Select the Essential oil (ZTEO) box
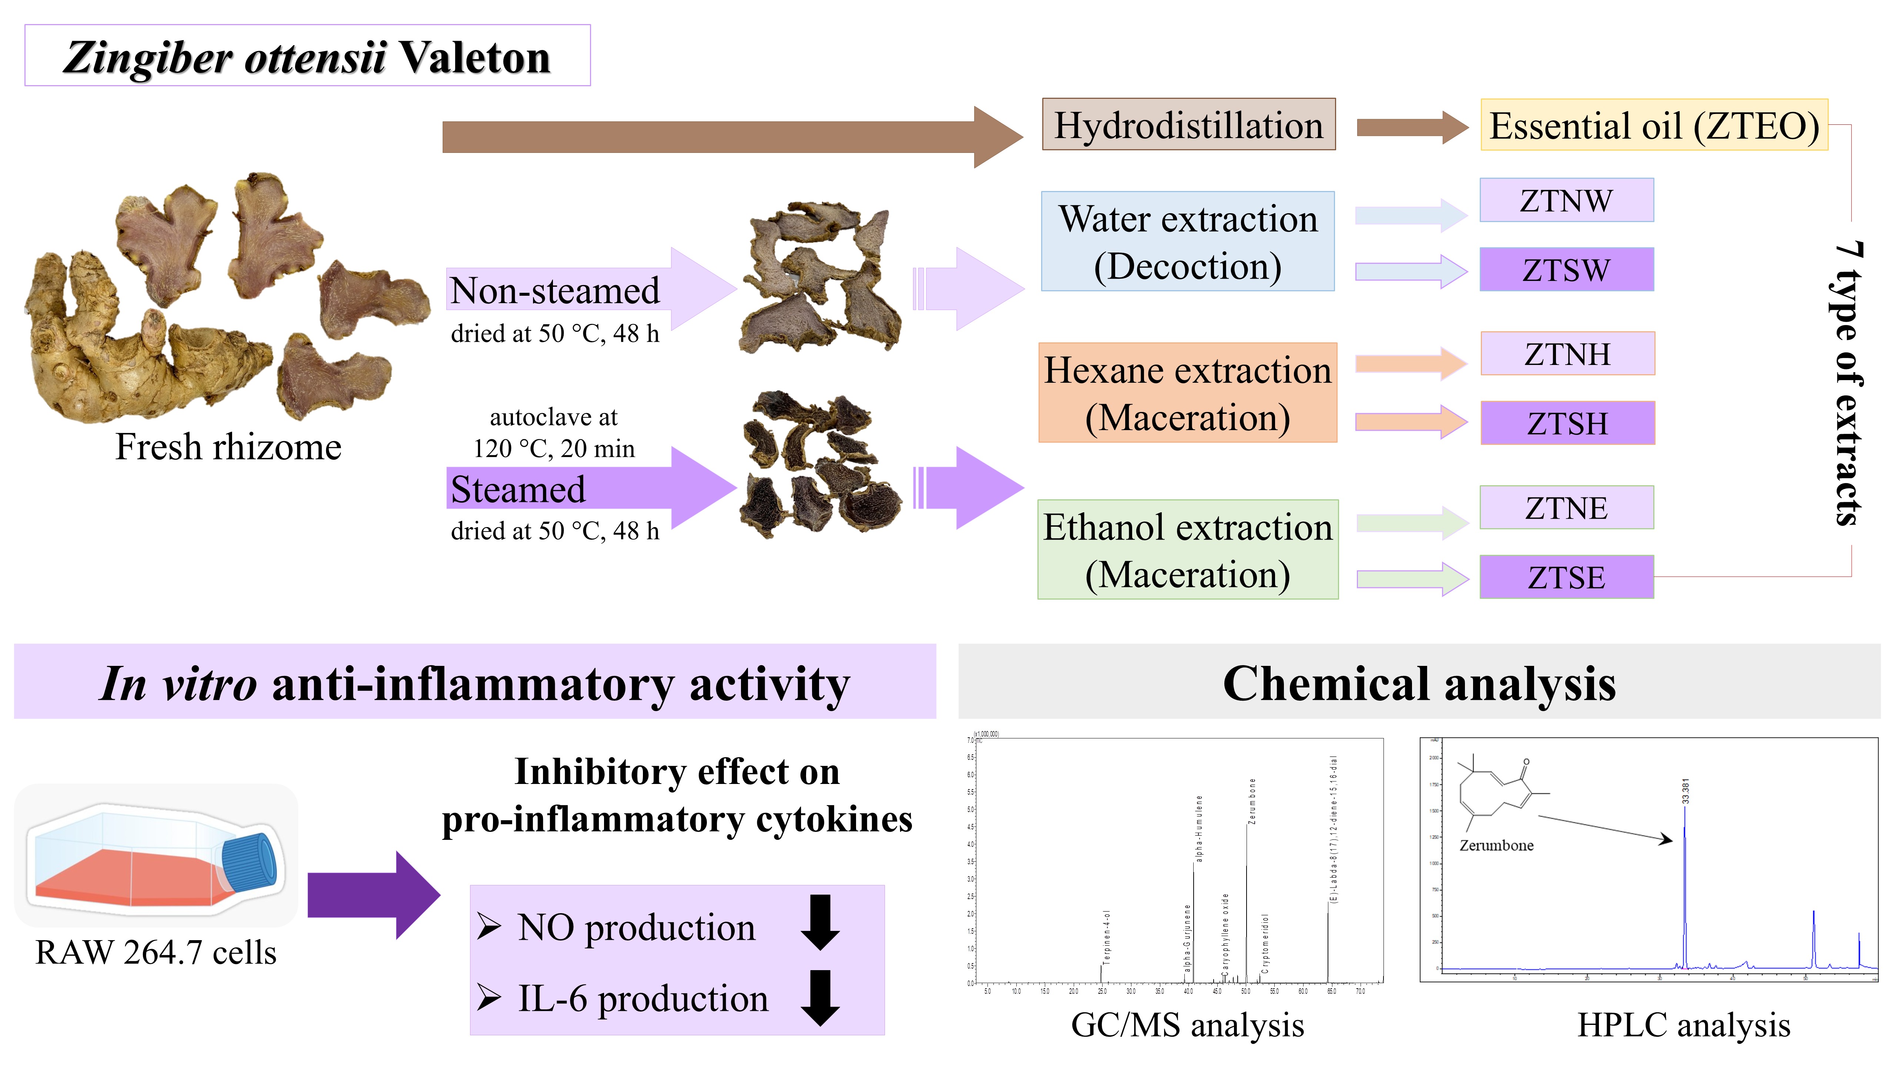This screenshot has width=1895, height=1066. [1654, 125]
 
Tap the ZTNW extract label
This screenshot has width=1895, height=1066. [1566, 200]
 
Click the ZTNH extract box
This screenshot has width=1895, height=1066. [1567, 354]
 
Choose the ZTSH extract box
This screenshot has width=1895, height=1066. [1567, 423]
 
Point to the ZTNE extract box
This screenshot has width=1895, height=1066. [1566, 507]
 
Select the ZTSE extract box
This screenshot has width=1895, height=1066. [1566, 577]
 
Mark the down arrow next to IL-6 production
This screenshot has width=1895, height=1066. [819, 998]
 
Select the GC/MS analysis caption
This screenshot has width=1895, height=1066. [1187, 1025]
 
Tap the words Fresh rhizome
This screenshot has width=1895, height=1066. [228, 446]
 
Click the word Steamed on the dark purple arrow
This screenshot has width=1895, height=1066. [518, 489]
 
